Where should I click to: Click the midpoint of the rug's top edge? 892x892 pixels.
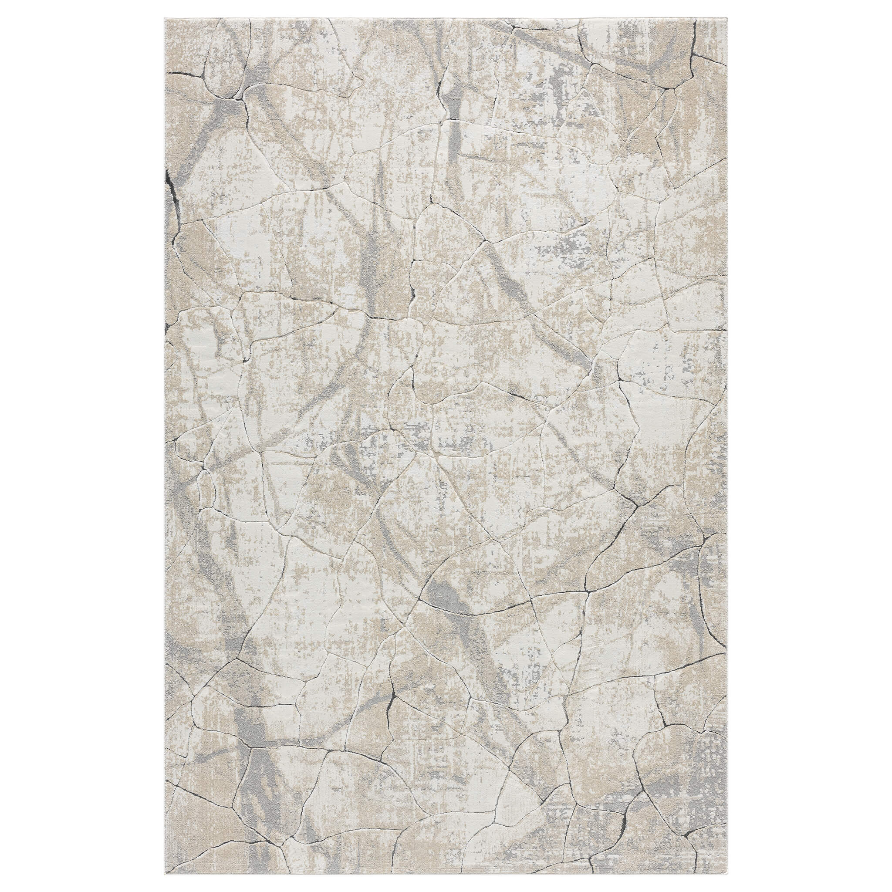tap(446, 18)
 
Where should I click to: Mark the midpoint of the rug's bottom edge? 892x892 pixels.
tap(446, 874)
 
